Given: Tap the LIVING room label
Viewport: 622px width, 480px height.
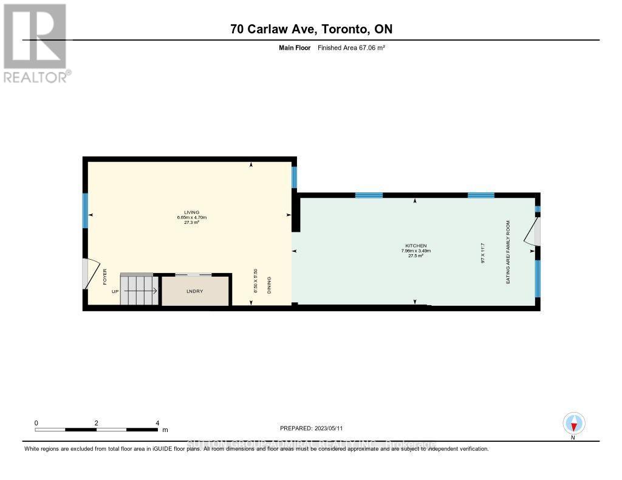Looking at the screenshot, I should [x=192, y=212].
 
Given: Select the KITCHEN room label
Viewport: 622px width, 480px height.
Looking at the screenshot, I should [x=411, y=246].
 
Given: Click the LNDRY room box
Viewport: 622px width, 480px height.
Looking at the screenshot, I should [x=194, y=291].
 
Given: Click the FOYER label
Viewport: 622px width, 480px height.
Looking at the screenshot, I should [x=104, y=277].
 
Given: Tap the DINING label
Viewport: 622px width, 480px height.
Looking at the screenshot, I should [x=268, y=285].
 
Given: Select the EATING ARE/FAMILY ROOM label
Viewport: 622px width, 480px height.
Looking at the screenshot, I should [x=508, y=252].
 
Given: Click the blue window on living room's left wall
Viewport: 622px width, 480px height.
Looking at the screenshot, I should [x=86, y=211].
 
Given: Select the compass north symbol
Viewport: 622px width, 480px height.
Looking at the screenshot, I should [x=573, y=423].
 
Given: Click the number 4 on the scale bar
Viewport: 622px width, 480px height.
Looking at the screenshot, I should [x=157, y=423].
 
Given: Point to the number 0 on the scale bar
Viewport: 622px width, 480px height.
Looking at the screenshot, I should [x=36, y=423].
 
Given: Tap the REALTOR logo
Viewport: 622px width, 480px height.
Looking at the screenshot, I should [x=35, y=42].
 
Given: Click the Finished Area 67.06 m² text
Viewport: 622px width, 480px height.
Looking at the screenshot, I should [x=352, y=47].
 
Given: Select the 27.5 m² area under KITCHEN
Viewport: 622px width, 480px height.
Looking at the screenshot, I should [x=411, y=256].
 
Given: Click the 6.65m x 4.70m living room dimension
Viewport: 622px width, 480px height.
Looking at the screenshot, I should [x=192, y=217].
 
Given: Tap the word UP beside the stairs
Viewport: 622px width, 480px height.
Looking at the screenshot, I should [x=115, y=291].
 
